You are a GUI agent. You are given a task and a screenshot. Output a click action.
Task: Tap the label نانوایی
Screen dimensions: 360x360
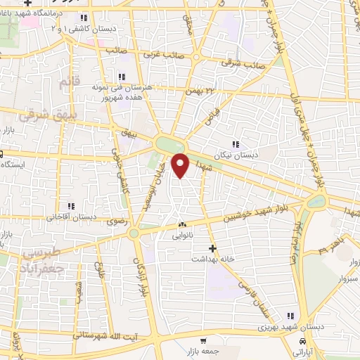181,237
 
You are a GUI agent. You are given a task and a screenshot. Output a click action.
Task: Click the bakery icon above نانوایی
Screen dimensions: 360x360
181,226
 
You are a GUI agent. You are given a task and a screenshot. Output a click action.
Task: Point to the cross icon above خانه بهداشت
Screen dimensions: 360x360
212,247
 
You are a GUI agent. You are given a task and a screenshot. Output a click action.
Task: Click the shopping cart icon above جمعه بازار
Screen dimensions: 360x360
202,339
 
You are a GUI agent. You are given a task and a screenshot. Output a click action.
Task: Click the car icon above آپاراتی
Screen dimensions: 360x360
302,341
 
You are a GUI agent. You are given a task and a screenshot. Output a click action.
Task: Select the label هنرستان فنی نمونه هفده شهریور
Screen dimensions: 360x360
122,93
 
